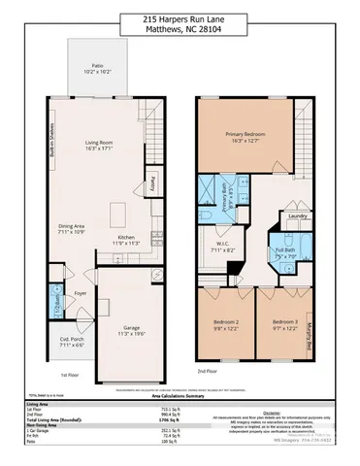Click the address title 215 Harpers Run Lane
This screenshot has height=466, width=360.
(180, 18)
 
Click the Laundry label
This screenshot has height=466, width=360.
(297, 216)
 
